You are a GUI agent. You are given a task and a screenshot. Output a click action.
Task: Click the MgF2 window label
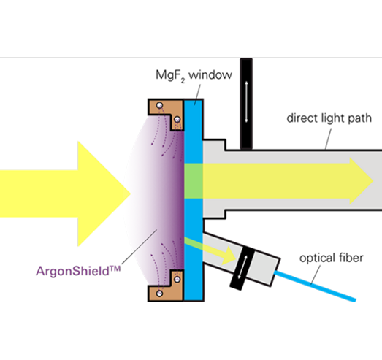click(194, 75)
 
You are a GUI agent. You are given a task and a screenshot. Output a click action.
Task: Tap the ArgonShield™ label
click(78, 271)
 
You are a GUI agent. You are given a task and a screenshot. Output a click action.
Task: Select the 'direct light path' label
click(329, 118)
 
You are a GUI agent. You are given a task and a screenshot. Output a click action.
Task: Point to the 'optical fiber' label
click(332, 258)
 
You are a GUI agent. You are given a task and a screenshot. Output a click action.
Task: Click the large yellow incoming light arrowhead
click(104, 194)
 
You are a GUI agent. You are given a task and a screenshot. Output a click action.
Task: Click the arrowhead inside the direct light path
click(361, 181)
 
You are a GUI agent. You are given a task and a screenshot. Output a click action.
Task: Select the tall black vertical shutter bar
click(246, 104)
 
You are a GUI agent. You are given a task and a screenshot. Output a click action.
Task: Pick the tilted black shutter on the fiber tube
click(242, 268)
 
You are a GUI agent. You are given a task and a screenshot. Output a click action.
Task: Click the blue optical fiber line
click(315, 286)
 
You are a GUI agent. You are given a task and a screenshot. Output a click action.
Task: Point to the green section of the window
click(194, 181)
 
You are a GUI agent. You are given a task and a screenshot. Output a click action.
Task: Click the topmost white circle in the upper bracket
click(159, 105)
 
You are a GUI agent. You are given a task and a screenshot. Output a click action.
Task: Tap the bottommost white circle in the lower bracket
click(159, 294)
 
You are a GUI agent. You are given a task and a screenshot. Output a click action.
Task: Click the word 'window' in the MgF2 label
click(210, 74)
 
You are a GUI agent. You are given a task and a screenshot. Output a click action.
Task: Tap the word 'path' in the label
click(360, 118)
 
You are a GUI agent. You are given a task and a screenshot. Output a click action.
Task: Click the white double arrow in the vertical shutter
click(246, 102)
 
